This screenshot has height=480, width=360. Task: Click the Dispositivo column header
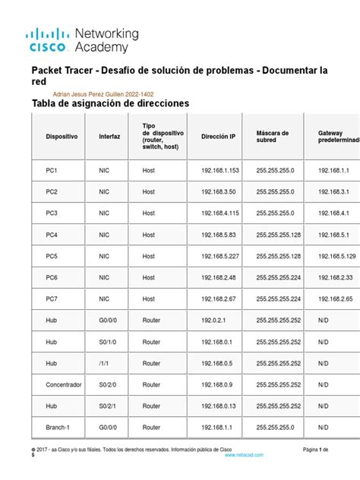[x=62, y=137]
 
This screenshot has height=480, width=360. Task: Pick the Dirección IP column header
[x=218, y=137]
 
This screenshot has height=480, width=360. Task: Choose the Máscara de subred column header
[x=273, y=137]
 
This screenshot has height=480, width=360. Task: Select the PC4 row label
[x=52, y=235]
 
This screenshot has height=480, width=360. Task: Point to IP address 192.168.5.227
[x=220, y=256]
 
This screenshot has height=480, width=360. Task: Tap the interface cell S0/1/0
[x=108, y=342]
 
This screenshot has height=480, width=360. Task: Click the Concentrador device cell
[x=64, y=384]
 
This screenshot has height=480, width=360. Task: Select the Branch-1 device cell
[x=58, y=427]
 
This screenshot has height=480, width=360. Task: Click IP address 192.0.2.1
[x=215, y=321]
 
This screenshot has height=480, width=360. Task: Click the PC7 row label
[x=52, y=299]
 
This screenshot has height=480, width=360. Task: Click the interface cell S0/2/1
[x=108, y=406]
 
